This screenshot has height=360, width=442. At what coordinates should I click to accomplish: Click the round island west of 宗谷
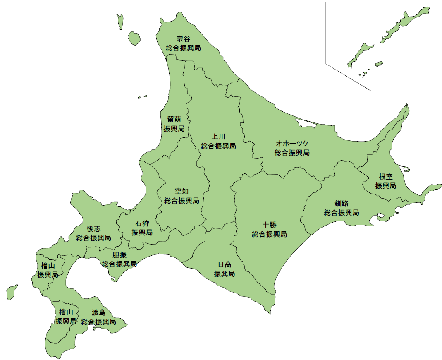tap(134, 38)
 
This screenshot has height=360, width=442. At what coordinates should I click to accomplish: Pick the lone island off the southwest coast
tap(12, 292)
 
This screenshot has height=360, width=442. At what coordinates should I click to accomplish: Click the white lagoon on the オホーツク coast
tap(305, 123)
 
